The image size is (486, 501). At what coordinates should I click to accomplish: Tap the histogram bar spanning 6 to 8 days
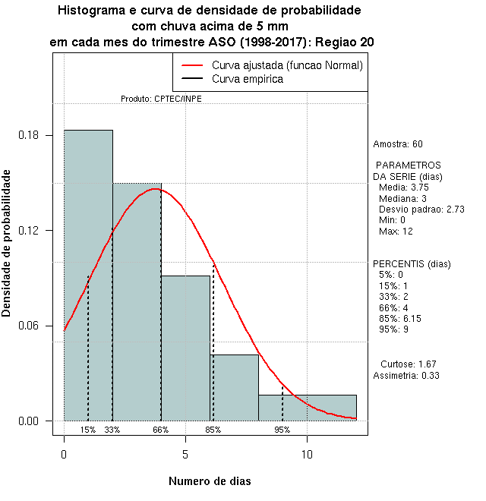pos(234,387)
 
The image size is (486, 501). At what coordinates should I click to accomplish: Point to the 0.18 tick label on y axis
pos(30,136)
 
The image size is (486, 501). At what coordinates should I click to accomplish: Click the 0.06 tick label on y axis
pos(30,326)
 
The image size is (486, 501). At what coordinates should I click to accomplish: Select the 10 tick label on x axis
pos(307,455)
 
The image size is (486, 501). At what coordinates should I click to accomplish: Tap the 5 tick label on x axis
pos(185,455)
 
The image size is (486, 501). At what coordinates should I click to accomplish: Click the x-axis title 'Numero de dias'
pos(210,481)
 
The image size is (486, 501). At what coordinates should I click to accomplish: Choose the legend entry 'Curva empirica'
pos(248,79)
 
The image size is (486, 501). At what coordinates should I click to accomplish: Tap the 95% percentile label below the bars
pos(282,430)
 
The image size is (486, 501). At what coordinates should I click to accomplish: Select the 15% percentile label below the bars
pos(88,430)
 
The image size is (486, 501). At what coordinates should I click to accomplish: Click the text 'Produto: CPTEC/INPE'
pos(161,99)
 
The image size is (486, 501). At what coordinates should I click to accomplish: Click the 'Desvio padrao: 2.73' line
pos(421,209)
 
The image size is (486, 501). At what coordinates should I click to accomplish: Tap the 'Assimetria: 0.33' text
pos(407,375)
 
